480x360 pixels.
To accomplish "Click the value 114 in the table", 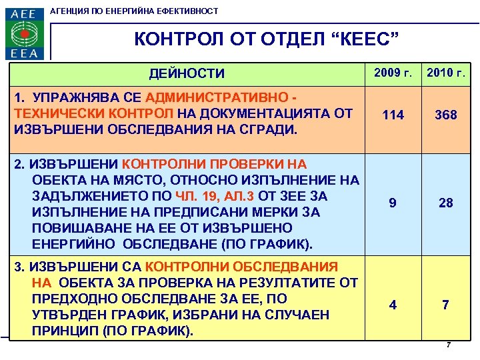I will (393, 115).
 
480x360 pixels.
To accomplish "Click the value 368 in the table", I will (446, 115).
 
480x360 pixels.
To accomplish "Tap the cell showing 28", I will (446, 203).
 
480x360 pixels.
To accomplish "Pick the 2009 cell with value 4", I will (393, 305).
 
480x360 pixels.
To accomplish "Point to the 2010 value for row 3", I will (446, 305).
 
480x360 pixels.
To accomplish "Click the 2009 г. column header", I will (393, 72).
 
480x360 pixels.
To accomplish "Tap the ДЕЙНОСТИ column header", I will (187, 73).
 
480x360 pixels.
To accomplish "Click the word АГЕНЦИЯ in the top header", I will (73, 11).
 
